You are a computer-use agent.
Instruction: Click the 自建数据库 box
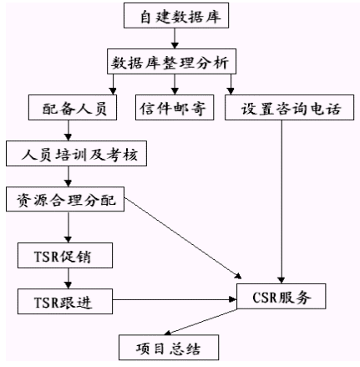tap(176, 16)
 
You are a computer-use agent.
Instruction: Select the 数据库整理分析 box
tap(171, 62)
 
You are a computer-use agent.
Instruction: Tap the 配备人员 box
tap(73, 108)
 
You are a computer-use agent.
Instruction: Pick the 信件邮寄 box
tap(175, 108)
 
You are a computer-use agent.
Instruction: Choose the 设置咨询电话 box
tap(290, 108)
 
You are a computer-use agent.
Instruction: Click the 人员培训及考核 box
tap(76, 154)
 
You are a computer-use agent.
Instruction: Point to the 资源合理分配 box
tap(65, 199)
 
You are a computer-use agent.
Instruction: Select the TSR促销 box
tap(65, 255)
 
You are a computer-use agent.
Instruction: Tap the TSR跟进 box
tap(65, 302)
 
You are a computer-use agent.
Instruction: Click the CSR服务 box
tap(281, 297)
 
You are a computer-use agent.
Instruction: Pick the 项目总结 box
tap(169, 348)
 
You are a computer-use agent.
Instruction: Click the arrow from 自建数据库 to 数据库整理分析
tap(175, 38)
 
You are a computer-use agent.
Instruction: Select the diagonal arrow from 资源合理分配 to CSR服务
tap(183, 238)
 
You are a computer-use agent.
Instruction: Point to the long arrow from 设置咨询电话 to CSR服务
tap(281, 202)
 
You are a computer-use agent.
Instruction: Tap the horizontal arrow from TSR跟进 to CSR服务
tap(175, 299)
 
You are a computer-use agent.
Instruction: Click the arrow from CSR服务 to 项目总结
tap(200, 322)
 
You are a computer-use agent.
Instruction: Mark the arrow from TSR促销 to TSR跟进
tap(68, 278)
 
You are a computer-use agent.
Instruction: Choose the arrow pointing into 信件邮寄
tap(175, 84)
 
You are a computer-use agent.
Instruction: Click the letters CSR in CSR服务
tap(265, 297)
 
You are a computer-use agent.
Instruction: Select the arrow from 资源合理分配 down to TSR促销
tap(68, 227)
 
